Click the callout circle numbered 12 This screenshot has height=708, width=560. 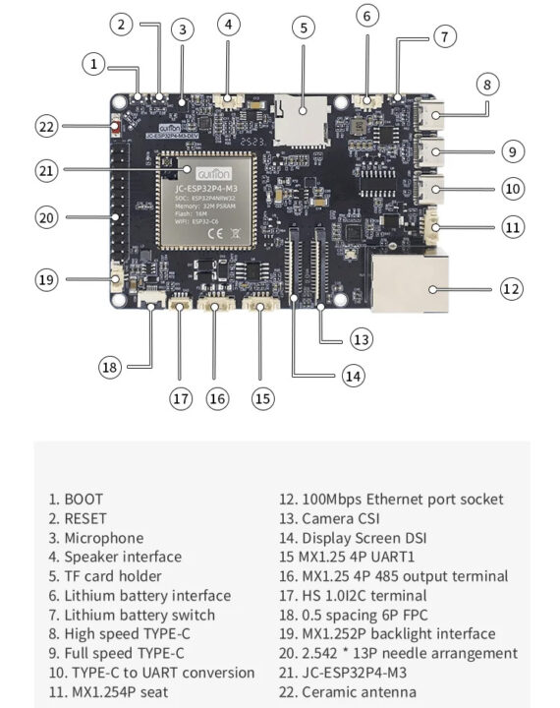click(x=510, y=289)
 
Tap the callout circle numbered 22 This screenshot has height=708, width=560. click(x=48, y=126)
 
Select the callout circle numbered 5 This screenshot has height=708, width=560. click(x=303, y=28)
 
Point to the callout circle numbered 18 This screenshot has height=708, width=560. click(x=111, y=367)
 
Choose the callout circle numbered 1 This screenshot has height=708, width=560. click(x=93, y=65)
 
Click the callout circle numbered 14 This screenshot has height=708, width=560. click(x=352, y=375)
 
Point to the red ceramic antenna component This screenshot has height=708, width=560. click(x=117, y=126)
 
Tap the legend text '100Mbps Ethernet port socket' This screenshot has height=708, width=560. click(x=391, y=500)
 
